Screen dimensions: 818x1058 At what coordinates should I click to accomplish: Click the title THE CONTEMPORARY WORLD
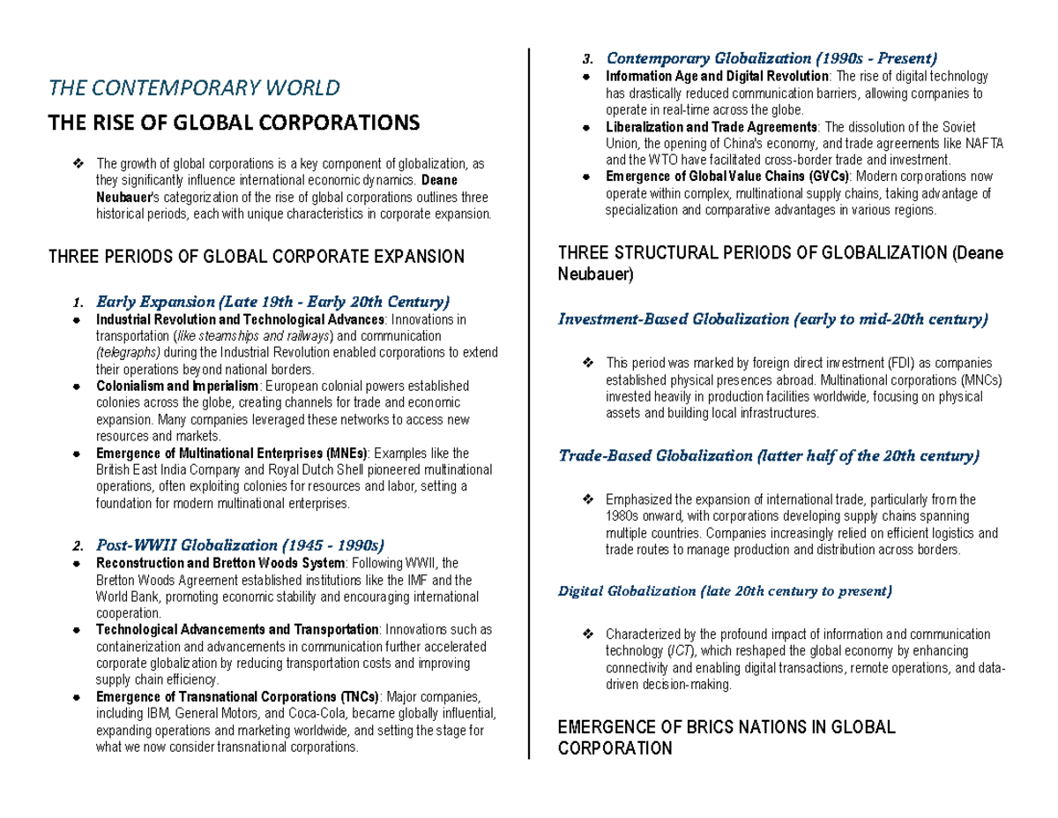pyautogui.click(x=194, y=88)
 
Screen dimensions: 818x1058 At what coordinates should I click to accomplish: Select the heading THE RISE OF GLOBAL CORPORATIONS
pyautogui.click(x=234, y=122)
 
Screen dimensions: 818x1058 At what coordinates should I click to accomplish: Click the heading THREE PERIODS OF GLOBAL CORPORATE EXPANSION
pyautogui.click(x=256, y=257)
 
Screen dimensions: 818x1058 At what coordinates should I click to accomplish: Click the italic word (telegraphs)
pyautogui.click(x=128, y=353)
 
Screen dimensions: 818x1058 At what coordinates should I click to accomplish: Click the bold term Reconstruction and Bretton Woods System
pyautogui.click(x=220, y=563)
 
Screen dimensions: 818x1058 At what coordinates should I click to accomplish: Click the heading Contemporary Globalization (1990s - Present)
pyautogui.click(x=771, y=58)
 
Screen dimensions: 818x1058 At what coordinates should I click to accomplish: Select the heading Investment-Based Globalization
pyautogui.click(x=773, y=319)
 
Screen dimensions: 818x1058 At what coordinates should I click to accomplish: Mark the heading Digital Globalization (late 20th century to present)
pyautogui.click(x=726, y=590)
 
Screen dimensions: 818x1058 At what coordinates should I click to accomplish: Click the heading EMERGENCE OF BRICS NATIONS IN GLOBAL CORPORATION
pyautogui.click(x=727, y=738)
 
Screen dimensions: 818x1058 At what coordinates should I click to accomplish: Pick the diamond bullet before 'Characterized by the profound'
pyautogui.click(x=588, y=634)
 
